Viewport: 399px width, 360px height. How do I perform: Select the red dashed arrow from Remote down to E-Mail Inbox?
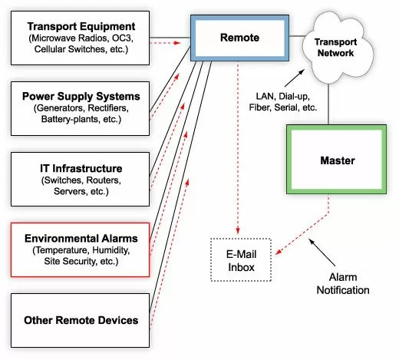(237, 154)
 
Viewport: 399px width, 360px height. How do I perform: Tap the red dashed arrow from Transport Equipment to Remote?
(170, 44)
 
